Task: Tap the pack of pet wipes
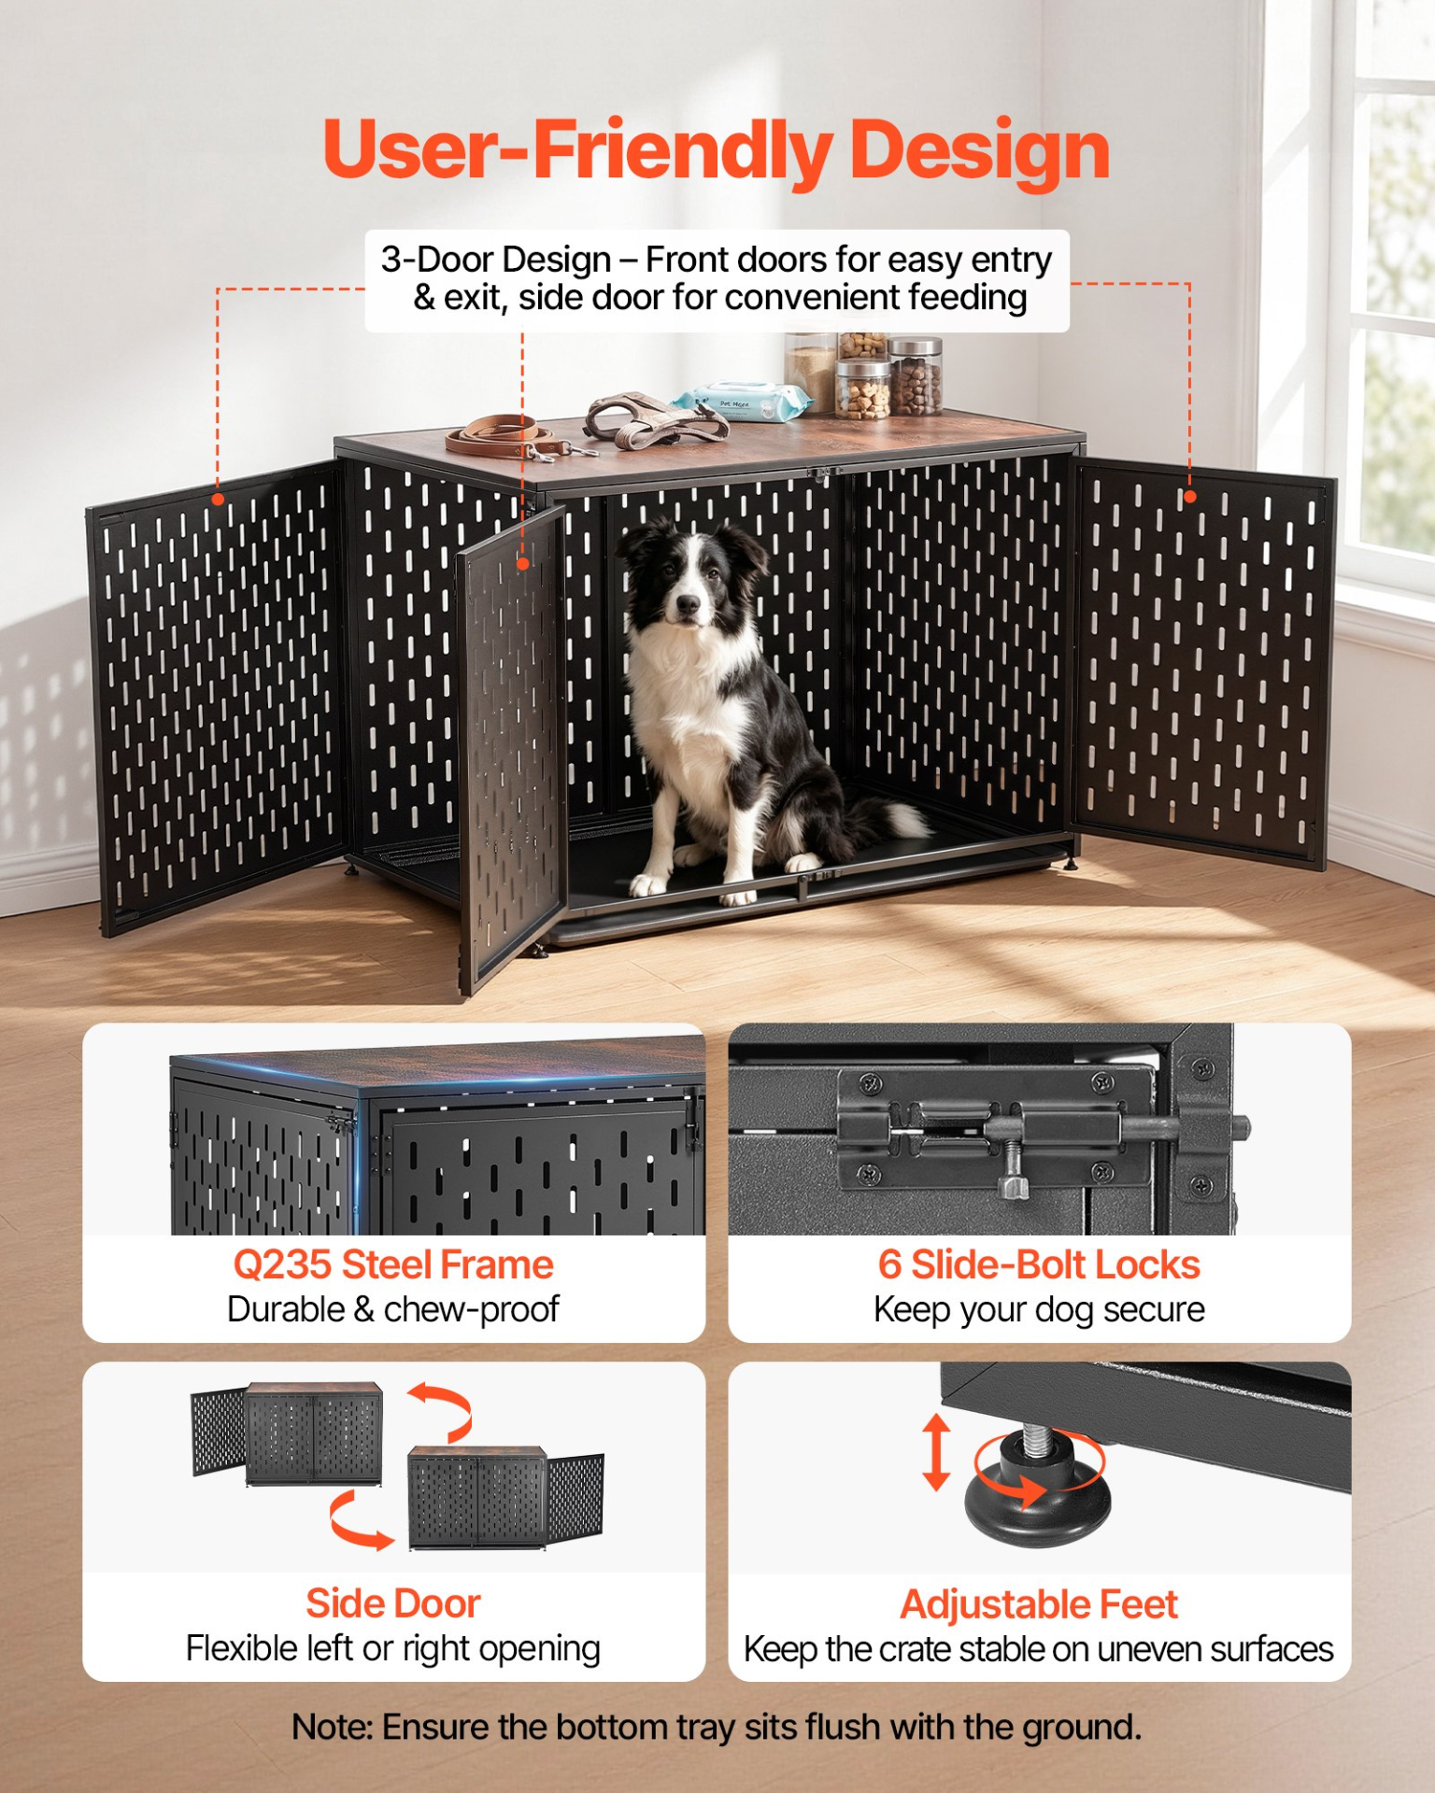pyautogui.click(x=741, y=400)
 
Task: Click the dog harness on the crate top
pyautogui.click(x=654, y=418)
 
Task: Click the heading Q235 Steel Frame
pyautogui.click(x=393, y=1264)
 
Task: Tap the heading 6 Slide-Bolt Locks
pyautogui.click(x=1039, y=1264)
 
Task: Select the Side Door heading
pyautogui.click(x=393, y=1603)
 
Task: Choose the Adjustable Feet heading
pyautogui.click(x=1039, y=1604)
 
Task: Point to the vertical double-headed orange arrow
pyautogui.click(x=936, y=1452)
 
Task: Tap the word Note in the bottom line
pyautogui.click(x=331, y=1728)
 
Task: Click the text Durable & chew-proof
pyautogui.click(x=393, y=1309)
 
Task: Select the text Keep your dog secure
pyautogui.click(x=1039, y=1309)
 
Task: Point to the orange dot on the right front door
pyautogui.click(x=1189, y=497)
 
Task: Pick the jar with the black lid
pyautogui.click(x=916, y=376)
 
